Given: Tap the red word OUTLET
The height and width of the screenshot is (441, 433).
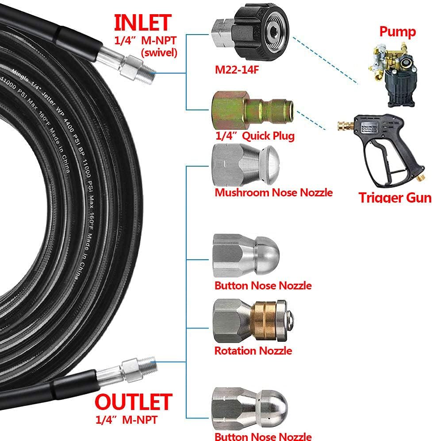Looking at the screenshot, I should click(133, 402).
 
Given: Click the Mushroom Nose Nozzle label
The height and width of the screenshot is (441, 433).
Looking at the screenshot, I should click(273, 193).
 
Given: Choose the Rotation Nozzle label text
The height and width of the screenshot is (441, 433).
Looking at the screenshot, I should click(253, 351).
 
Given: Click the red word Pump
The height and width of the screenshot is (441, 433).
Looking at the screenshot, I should click(397, 31).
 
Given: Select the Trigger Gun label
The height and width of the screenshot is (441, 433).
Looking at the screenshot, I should click(395, 197).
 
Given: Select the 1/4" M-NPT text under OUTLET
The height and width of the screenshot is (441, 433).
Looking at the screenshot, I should click(126, 418).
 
